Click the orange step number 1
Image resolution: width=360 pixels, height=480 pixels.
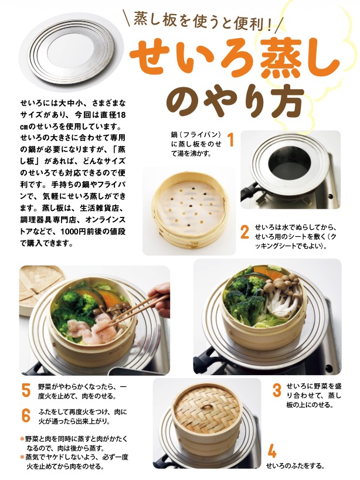point(231,139)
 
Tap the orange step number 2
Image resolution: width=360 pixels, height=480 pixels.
point(244,232)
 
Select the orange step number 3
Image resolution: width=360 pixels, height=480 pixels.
point(277,390)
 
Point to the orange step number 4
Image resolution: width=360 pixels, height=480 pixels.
point(272,450)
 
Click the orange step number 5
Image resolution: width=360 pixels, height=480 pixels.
point(26,390)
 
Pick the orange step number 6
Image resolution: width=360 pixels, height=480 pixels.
point(26,416)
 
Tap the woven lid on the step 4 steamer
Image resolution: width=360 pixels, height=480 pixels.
point(207,408)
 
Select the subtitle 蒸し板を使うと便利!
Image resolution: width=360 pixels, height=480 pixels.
point(203,22)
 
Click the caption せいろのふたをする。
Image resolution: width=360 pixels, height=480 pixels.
point(295,466)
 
